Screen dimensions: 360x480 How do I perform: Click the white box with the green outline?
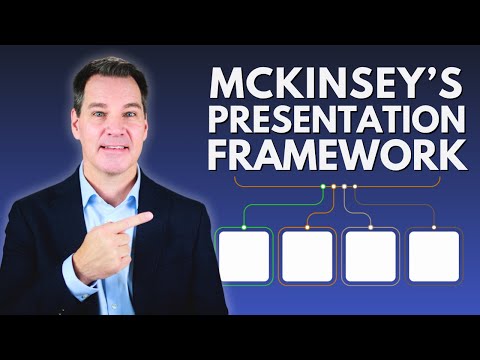tap(243, 256)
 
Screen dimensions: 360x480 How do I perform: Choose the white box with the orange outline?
tap(306, 256)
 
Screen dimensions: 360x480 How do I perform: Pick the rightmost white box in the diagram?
tap(434, 256)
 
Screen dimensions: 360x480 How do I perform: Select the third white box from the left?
tap(370, 256)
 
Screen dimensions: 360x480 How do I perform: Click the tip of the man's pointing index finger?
tap(150, 215)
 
